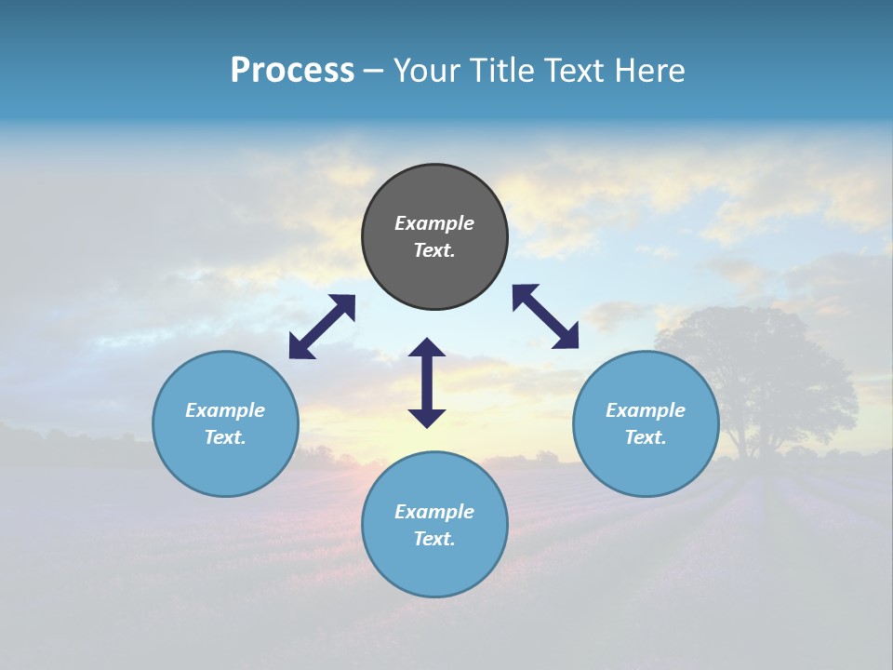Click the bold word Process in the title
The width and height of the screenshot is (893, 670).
pos(292,70)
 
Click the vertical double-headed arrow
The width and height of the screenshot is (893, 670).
pos(427,382)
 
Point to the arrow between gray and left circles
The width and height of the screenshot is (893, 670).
pos(322,327)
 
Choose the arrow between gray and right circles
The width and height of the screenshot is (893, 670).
pos(545,316)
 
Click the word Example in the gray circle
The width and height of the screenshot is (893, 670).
pos(434,223)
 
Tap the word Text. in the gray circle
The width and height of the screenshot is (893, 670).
pos(434,250)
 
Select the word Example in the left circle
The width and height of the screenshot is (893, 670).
pos(225,410)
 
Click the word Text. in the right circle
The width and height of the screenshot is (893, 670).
pos(646,437)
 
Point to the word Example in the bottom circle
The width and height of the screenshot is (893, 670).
pos(434,512)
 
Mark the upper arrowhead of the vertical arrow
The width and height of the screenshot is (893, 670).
pos(427,348)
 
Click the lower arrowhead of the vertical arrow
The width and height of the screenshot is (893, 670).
pos(427,418)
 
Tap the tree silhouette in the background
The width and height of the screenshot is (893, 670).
pos(758,372)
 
